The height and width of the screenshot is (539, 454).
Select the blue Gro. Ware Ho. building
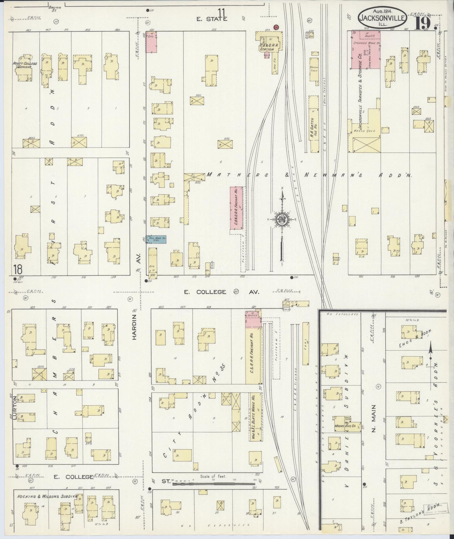click(156, 239)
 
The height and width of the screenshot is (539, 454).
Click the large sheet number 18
click(18, 269)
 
